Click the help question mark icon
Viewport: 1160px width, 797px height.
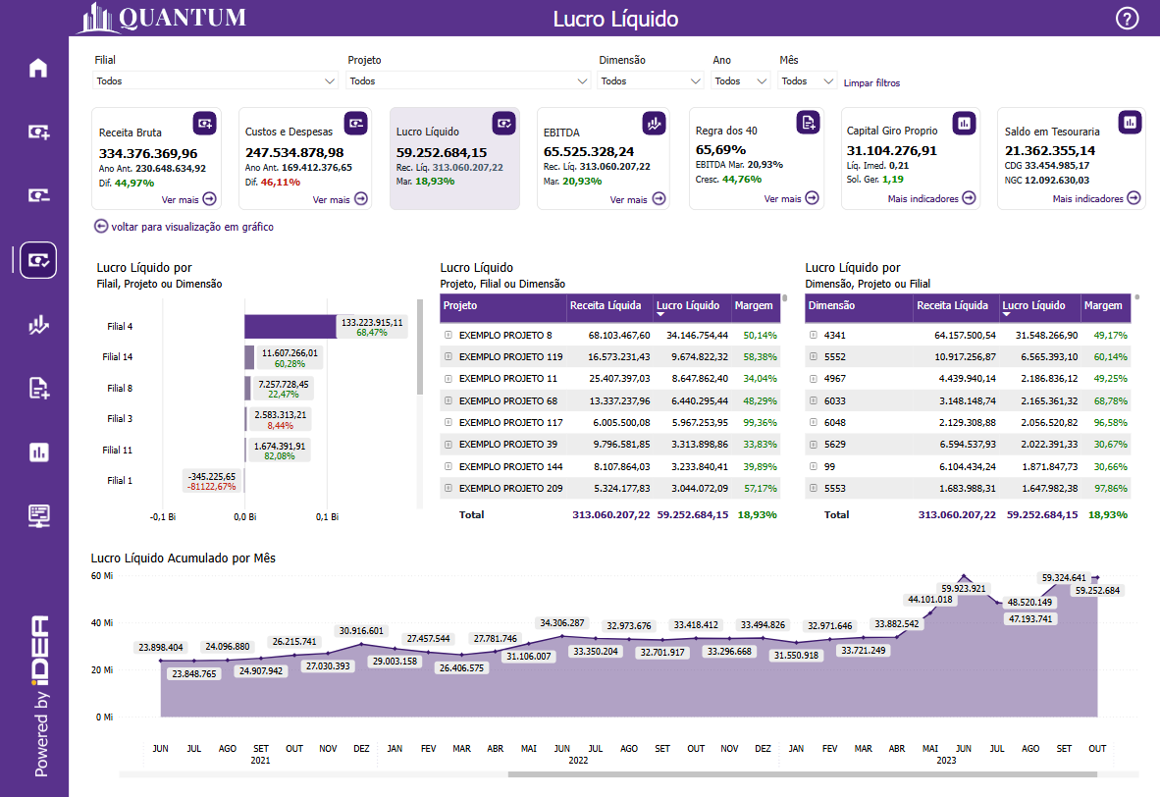(x=1128, y=19)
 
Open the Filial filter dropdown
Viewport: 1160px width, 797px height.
(x=216, y=81)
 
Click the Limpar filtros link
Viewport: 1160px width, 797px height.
(x=871, y=83)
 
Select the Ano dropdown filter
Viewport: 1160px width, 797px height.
(x=741, y=81)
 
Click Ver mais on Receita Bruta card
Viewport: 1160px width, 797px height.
(x=189, y=199)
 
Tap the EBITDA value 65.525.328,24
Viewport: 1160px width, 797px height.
(x=589, y=151)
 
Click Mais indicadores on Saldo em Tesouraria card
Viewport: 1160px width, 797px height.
(x=1097, y=198)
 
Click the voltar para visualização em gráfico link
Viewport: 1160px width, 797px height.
(x=184, y=227)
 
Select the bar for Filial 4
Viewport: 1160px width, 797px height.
(x=290, y=327)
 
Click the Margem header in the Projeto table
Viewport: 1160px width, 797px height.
(x=753, y=306)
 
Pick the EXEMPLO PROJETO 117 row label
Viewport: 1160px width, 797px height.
(x=510, y=423)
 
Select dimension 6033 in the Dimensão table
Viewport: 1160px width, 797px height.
(x=833, y=401)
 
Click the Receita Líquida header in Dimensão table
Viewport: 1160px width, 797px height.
(x=952, y=306)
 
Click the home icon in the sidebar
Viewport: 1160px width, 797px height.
(x=38, y=68)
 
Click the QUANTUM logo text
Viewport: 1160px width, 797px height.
(x=183, y=18)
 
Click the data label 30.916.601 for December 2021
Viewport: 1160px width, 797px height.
(x=361, y=630)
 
